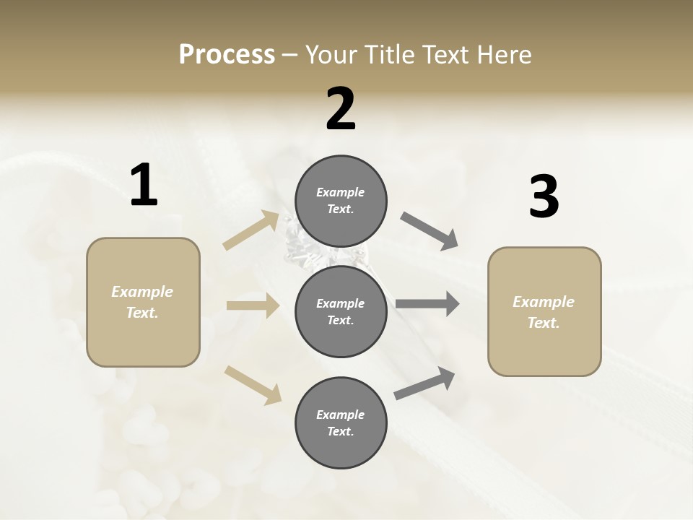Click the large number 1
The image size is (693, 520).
[144, 185]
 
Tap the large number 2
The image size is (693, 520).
[341, 108]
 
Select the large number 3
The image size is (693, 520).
[544, 196]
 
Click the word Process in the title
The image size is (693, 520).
[227, 54]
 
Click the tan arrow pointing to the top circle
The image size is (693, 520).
[251, 230]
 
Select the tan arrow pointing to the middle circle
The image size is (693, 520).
[253, 305]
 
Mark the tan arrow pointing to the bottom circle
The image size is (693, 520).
[253, 384]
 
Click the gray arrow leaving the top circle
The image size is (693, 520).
[430, 231]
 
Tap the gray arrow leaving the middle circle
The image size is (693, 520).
[427, 304]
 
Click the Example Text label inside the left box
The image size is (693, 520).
[142, 302]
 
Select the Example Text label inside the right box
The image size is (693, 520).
[544, 312]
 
